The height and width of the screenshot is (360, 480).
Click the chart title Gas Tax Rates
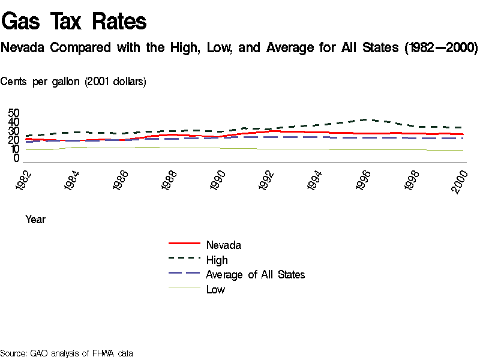[74, 22]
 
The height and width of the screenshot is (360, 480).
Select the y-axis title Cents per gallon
[73, 82]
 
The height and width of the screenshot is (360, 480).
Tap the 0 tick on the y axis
[17, 158]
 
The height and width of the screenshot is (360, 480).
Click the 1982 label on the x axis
[25, 180]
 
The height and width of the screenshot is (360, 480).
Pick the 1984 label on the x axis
[73, 180]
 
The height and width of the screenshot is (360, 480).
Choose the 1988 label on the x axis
[170, 180]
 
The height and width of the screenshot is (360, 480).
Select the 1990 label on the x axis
[219, 180]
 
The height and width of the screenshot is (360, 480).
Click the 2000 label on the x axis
[461, 180]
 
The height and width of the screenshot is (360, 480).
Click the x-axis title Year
[35, 220]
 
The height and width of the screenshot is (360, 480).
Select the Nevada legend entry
[223, 245]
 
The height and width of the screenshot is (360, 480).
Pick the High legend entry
[217, 260]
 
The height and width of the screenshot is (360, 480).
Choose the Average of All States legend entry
[255, 275]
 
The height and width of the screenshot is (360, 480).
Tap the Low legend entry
[215, 290]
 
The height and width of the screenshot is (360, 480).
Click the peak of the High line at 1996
[368, 119]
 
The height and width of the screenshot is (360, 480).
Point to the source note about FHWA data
[66, 353]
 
